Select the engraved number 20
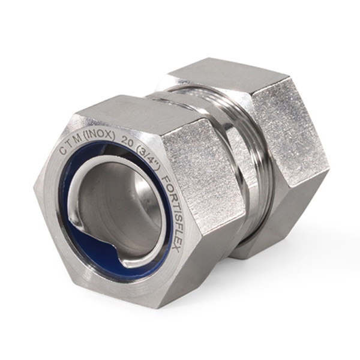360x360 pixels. pos(127,140)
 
